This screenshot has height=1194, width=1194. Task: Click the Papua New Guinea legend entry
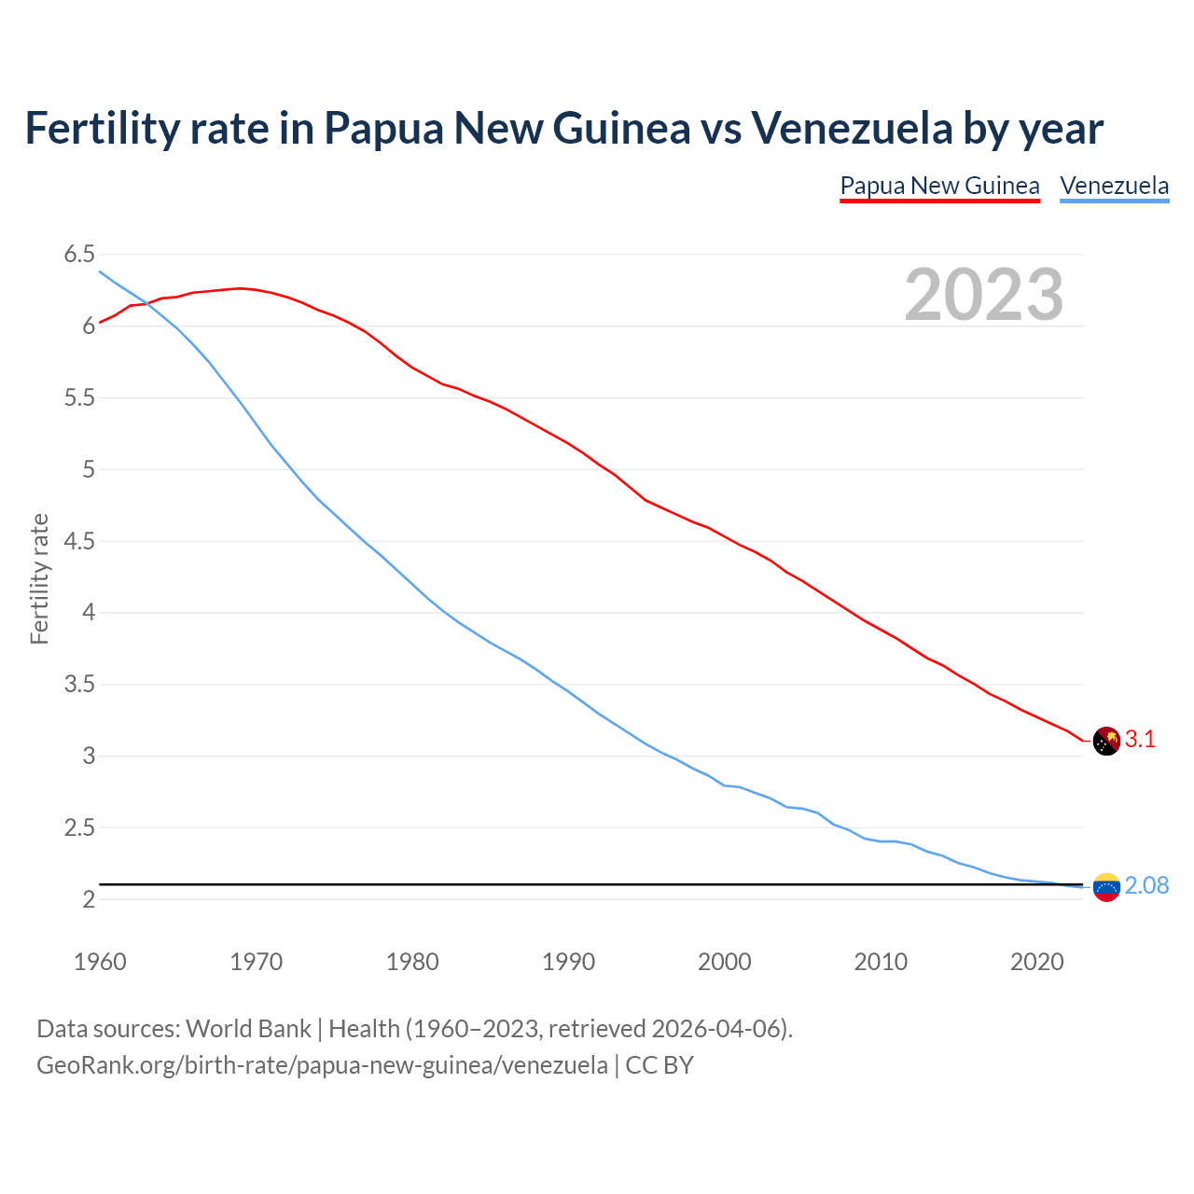939,186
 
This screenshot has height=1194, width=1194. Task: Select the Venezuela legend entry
1114,186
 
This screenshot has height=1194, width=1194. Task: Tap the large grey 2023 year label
984,295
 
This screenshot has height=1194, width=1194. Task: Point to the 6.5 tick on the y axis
79,255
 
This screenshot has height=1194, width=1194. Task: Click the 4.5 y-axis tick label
79,541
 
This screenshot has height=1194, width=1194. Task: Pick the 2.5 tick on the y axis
79,828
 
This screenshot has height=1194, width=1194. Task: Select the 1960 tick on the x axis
100,962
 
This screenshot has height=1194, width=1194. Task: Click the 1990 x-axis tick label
568,962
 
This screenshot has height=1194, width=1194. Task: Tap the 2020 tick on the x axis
1036,962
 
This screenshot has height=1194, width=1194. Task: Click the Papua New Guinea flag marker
1105,741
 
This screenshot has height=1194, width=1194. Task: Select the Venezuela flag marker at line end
1105,887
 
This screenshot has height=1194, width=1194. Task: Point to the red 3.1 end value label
1140,740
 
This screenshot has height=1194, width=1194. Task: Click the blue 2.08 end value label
1146,885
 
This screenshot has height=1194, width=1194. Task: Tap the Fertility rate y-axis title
39,578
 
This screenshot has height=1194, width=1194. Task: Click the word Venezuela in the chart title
852,128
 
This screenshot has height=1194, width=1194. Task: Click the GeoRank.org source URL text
322,1065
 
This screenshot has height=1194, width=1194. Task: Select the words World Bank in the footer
248,1029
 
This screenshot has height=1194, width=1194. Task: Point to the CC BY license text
659,1065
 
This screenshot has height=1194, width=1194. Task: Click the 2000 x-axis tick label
725,962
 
